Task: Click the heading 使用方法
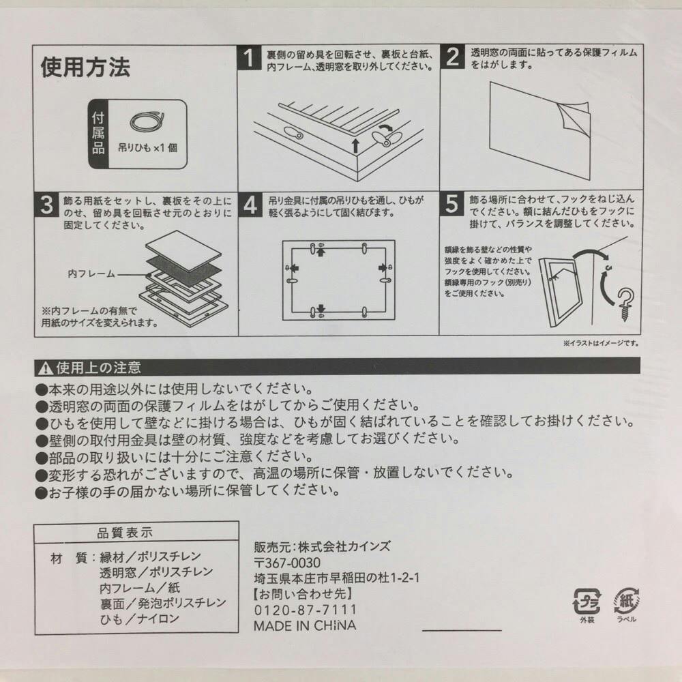pyautogui.click(x=85, y=67)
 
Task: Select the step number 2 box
pyautogui.click(x=451, y=58)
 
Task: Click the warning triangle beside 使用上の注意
pyautogui.click(x=46, y=368)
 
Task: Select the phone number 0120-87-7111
pyautogui.click(x=295, y=609)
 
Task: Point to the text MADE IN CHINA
pyautogui.click(x=305, y=625)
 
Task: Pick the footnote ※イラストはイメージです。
pyautogui.click(x=600, y=343)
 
